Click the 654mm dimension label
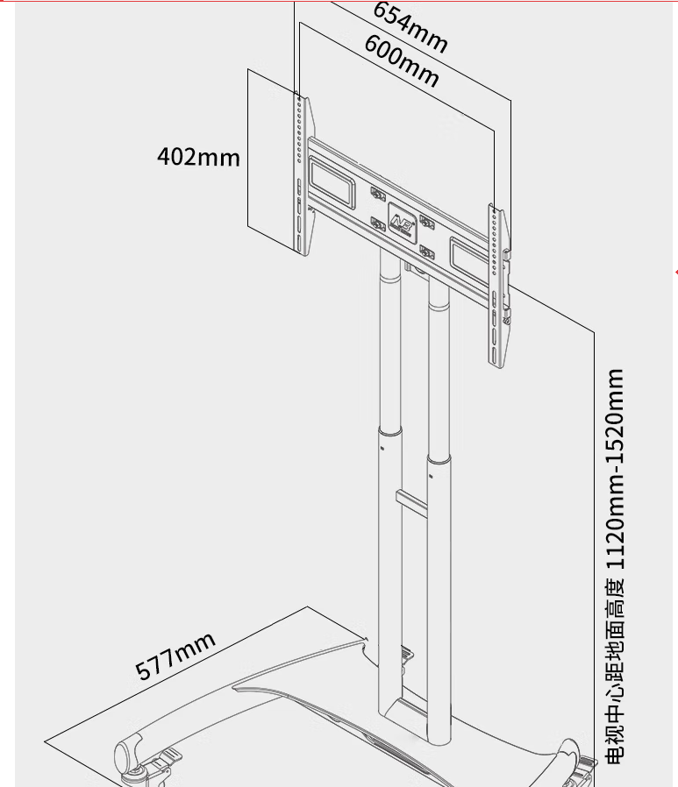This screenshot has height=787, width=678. pyautogui.click(x=410, y=27)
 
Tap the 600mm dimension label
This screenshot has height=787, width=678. pyautogui.click(x=402, y=60)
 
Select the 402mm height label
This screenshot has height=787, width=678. pyautogui.click(x=199, y=157)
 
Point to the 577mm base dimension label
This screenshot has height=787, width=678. pyautogui.click(x=175, y=656)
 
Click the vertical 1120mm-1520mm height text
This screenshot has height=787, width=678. pyautogui.click(x=616, y=469)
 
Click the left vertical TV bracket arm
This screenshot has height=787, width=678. pyautogui.click(x=303, y=174)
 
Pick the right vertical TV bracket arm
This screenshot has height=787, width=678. pyautogui.click(x=499, y=285)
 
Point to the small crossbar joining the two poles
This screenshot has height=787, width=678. pyautogui.click(x=411, y=503)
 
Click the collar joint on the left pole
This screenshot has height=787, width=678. pyautogui.click(x=390, y=433)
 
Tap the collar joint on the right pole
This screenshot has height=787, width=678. pyautogui.click(x=439, y=460)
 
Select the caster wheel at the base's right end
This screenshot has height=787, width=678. pyautogui.click(x=576, y=764)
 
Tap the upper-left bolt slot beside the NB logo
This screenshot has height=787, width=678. pyautogui.click(x=378, y=194)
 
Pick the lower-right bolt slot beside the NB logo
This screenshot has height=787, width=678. pyautogui.click(x=427, y=252)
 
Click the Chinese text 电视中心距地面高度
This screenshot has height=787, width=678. pyautogui.click(x=616, y=671)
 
